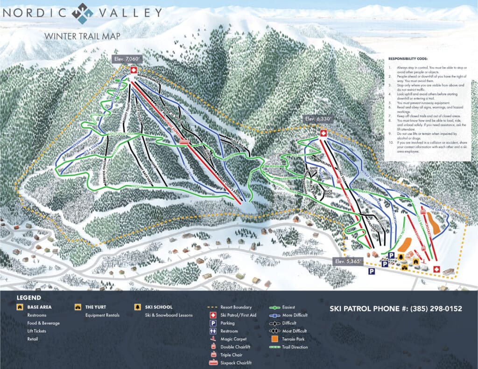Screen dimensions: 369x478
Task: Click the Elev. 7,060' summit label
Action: pyautogui.click(x=127, y=59)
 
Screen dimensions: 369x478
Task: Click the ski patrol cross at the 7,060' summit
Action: pyautogui.click(x=134, y=70)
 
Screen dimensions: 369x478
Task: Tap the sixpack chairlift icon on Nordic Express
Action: pyautogui.click(x=184, y=142)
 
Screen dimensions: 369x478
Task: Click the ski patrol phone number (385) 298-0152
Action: pyautogui.click(x=396, y=309)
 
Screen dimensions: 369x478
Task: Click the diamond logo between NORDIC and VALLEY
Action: pyautogui.click(x=82, y=13)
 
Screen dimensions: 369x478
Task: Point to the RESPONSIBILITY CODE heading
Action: pyautogui.click(x=408, y=59)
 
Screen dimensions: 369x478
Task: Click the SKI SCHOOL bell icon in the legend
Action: pyautogui.click(x=138, y=307)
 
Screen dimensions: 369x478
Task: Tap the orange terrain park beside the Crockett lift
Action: pyautogui.click(x=434, y=223)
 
